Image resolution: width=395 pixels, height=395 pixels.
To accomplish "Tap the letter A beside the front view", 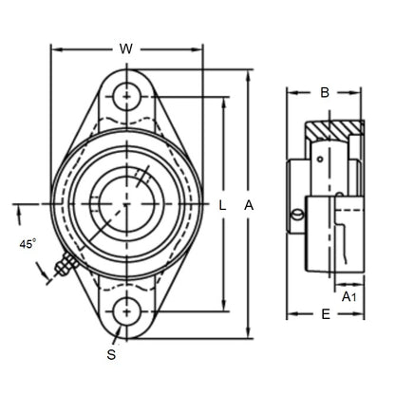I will pyautogui.click(x=249, y=204).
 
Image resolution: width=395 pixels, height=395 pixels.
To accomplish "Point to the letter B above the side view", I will pyautogui.click(x=325, y=93).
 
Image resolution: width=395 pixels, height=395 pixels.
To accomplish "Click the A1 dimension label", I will pyautogui.click(x=348, y=297).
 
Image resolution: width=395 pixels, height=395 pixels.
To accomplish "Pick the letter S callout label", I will pyautogui.click(x=111, y=355).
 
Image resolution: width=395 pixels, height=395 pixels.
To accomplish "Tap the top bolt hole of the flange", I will pyautogui.click(x=126, y=96).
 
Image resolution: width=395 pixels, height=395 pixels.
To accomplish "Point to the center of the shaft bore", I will pyautogui.click(x=126, y=204).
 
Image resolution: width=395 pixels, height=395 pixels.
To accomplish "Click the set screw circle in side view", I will pyautogui.click(x=298, y=216).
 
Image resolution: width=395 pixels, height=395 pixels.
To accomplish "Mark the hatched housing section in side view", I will pyautogui.click(x=337, y=128).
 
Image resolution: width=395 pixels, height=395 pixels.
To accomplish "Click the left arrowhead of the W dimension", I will pyautogui.click(x=53, y=49).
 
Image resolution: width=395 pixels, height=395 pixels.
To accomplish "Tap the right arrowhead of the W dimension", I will pyautogui.click(x=200, y=49).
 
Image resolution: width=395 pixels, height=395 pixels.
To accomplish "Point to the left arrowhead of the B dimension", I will pyautogui.click(x=289, y=93).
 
